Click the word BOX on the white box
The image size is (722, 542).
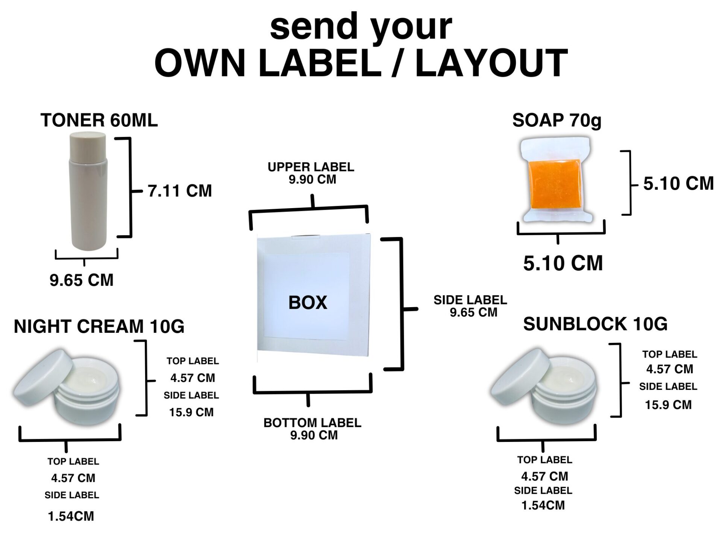tap(308, 303)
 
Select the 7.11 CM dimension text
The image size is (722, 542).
tap(180, 191)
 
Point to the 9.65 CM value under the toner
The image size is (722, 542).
tap(82, 280)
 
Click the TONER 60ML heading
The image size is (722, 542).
tap(99, 120)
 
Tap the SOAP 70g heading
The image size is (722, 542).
tap(557, 120)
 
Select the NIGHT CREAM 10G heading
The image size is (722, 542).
tap(99, 326)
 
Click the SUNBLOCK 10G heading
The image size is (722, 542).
tap(595, 324)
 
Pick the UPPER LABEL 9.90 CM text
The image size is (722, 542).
tap(311, 173)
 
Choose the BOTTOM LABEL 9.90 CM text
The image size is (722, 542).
tap(312, 429)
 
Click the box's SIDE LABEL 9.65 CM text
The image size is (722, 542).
tap(470, 306)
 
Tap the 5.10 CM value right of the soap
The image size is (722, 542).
tap(678, 184)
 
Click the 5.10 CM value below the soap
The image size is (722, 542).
tap(563, 263)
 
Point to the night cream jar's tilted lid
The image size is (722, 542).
tap(43, 375)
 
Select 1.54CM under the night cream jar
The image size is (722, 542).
tap(71, 516)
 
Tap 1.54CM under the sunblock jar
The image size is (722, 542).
tap(543, 505)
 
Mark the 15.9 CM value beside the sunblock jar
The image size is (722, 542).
tap(668, 405)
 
